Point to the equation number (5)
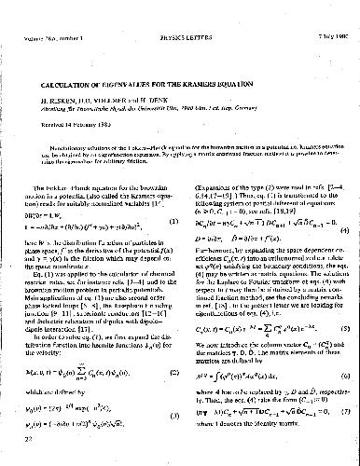click(345, 326)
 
